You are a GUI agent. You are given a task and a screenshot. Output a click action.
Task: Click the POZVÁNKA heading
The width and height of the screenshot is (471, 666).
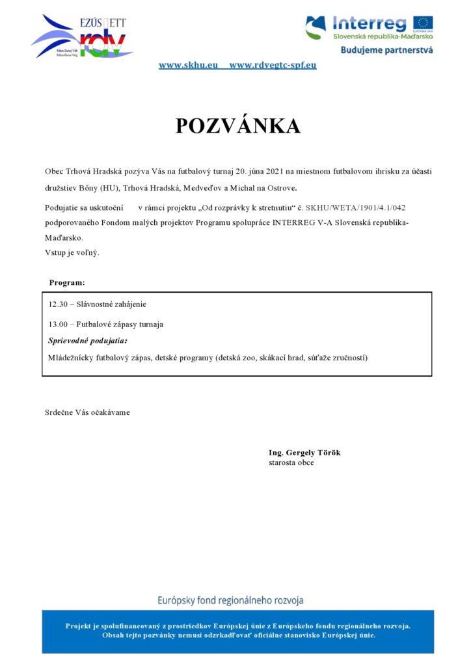[x=237, y=126]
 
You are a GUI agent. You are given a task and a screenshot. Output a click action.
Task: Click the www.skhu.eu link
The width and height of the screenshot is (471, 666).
[x=188, y=65]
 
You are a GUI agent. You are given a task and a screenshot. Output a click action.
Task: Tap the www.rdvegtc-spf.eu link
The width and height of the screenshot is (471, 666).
[x=273, y=65]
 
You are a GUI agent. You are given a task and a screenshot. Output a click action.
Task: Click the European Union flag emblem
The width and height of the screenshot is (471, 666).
[x=422, y=24]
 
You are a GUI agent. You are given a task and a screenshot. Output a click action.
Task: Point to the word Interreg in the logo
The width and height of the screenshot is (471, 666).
[x=370, y=24]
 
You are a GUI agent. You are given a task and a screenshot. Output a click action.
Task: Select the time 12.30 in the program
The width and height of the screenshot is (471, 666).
[x=58, y=304]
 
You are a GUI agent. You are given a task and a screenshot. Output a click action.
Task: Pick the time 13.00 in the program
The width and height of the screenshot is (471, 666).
[x=58, y=324]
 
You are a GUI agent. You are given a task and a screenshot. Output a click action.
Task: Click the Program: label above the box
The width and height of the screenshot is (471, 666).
[x=67, y=282]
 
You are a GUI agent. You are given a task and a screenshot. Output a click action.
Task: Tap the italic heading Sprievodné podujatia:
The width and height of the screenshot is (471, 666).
[x=88, y=340]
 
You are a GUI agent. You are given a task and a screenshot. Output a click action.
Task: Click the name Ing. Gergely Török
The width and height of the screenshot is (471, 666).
[x=304, y=453]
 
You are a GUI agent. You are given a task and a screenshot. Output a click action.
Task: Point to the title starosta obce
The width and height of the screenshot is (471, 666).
[x=291, y=462]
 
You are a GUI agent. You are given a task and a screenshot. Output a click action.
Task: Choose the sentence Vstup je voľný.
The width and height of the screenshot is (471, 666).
[x=72, y=252]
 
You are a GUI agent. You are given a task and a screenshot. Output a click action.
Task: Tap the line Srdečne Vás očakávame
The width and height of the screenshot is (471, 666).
[x=87, y=412]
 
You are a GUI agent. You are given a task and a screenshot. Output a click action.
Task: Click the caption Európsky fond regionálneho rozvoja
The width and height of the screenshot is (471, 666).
[x=231, y=600]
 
